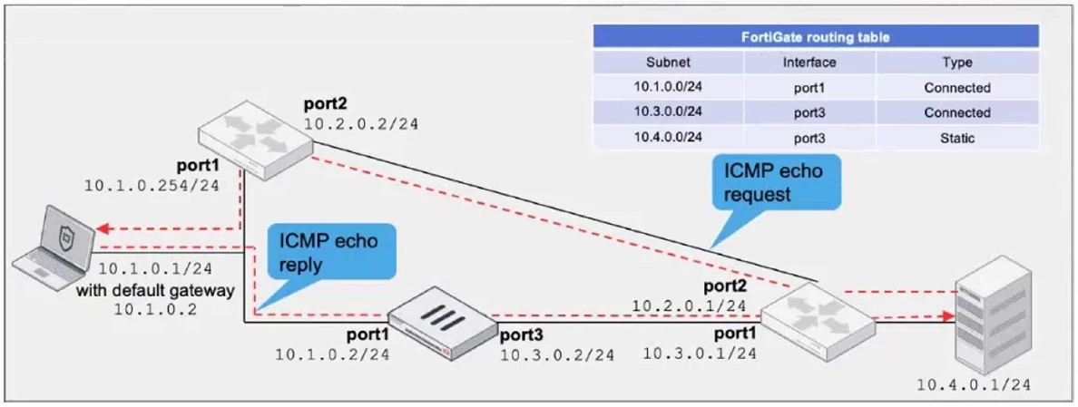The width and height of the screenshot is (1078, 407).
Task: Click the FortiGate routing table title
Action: (x=816, y=37)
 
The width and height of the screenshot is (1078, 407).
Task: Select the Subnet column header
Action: (x=668, y=63)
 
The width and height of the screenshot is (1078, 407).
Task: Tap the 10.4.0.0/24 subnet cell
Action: (x=668, y=138)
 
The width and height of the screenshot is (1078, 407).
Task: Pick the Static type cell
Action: (x=956, y=138)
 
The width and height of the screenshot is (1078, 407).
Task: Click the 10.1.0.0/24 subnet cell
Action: (x=668, y=88)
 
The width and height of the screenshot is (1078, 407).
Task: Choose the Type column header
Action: (x=956, y=63)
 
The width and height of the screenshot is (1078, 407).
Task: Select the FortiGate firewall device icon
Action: (x=442, y=323)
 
